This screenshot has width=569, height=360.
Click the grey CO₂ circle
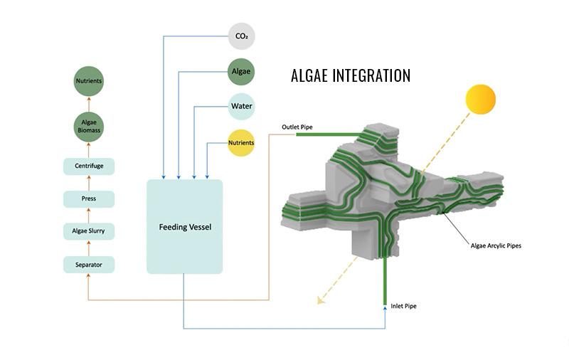tap(241, 36)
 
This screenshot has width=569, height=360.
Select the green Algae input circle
tap(241, 71)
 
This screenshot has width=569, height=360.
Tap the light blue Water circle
tap(241, 106)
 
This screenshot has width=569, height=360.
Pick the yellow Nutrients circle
tap(241, 142)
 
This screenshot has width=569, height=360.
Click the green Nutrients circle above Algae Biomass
tap(88, 81)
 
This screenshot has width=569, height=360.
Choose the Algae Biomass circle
tap(88, 127)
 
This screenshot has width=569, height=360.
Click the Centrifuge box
tap(89, 166)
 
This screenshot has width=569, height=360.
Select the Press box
tap(89, 199)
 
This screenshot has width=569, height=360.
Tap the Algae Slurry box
tap(89, 231)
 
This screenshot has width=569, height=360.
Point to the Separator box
tap(89, 265)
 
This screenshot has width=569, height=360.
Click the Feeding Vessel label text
tap(185, 227)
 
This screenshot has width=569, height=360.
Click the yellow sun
tap(481, 99)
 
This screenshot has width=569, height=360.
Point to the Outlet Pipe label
tap(297, 127)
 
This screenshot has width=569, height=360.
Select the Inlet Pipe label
tap(403, 306)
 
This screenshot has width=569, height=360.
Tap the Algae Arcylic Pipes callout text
tap(496, 245)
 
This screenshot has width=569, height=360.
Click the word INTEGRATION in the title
tap(371, 75)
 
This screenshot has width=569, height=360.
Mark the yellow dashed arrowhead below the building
tap(321, 300)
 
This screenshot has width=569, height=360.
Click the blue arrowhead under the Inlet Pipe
tap(385, 309)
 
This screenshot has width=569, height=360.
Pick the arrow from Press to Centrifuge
tap(88, 183)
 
